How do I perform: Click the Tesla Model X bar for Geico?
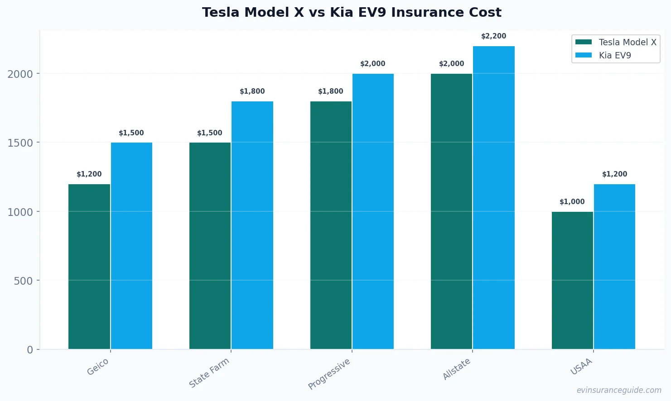tap(89, 267)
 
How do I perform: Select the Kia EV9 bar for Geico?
tap(131, 246)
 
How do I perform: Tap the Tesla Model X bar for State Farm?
tap(210, 246)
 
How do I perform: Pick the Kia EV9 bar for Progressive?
tap(373, 211)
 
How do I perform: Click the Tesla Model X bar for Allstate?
tap(451, 211)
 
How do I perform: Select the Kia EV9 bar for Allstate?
tap(494, 197)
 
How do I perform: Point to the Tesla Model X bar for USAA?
tap(572, 280)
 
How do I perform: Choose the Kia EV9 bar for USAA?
tap(614, 267)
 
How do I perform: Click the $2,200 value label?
tap(493, 36)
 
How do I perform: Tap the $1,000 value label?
tap(572, 202)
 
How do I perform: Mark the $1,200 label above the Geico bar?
tap(89, 174)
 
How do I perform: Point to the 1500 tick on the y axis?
tap(20, 143)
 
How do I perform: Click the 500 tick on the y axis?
tap(23, 281)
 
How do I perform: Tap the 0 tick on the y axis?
tap(30, 350)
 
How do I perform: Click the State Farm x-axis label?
tap(209, 373)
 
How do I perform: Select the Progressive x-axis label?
tap(329, 374)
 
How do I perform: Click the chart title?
tap(352, 13)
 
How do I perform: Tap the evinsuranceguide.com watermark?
tap(618, 390)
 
